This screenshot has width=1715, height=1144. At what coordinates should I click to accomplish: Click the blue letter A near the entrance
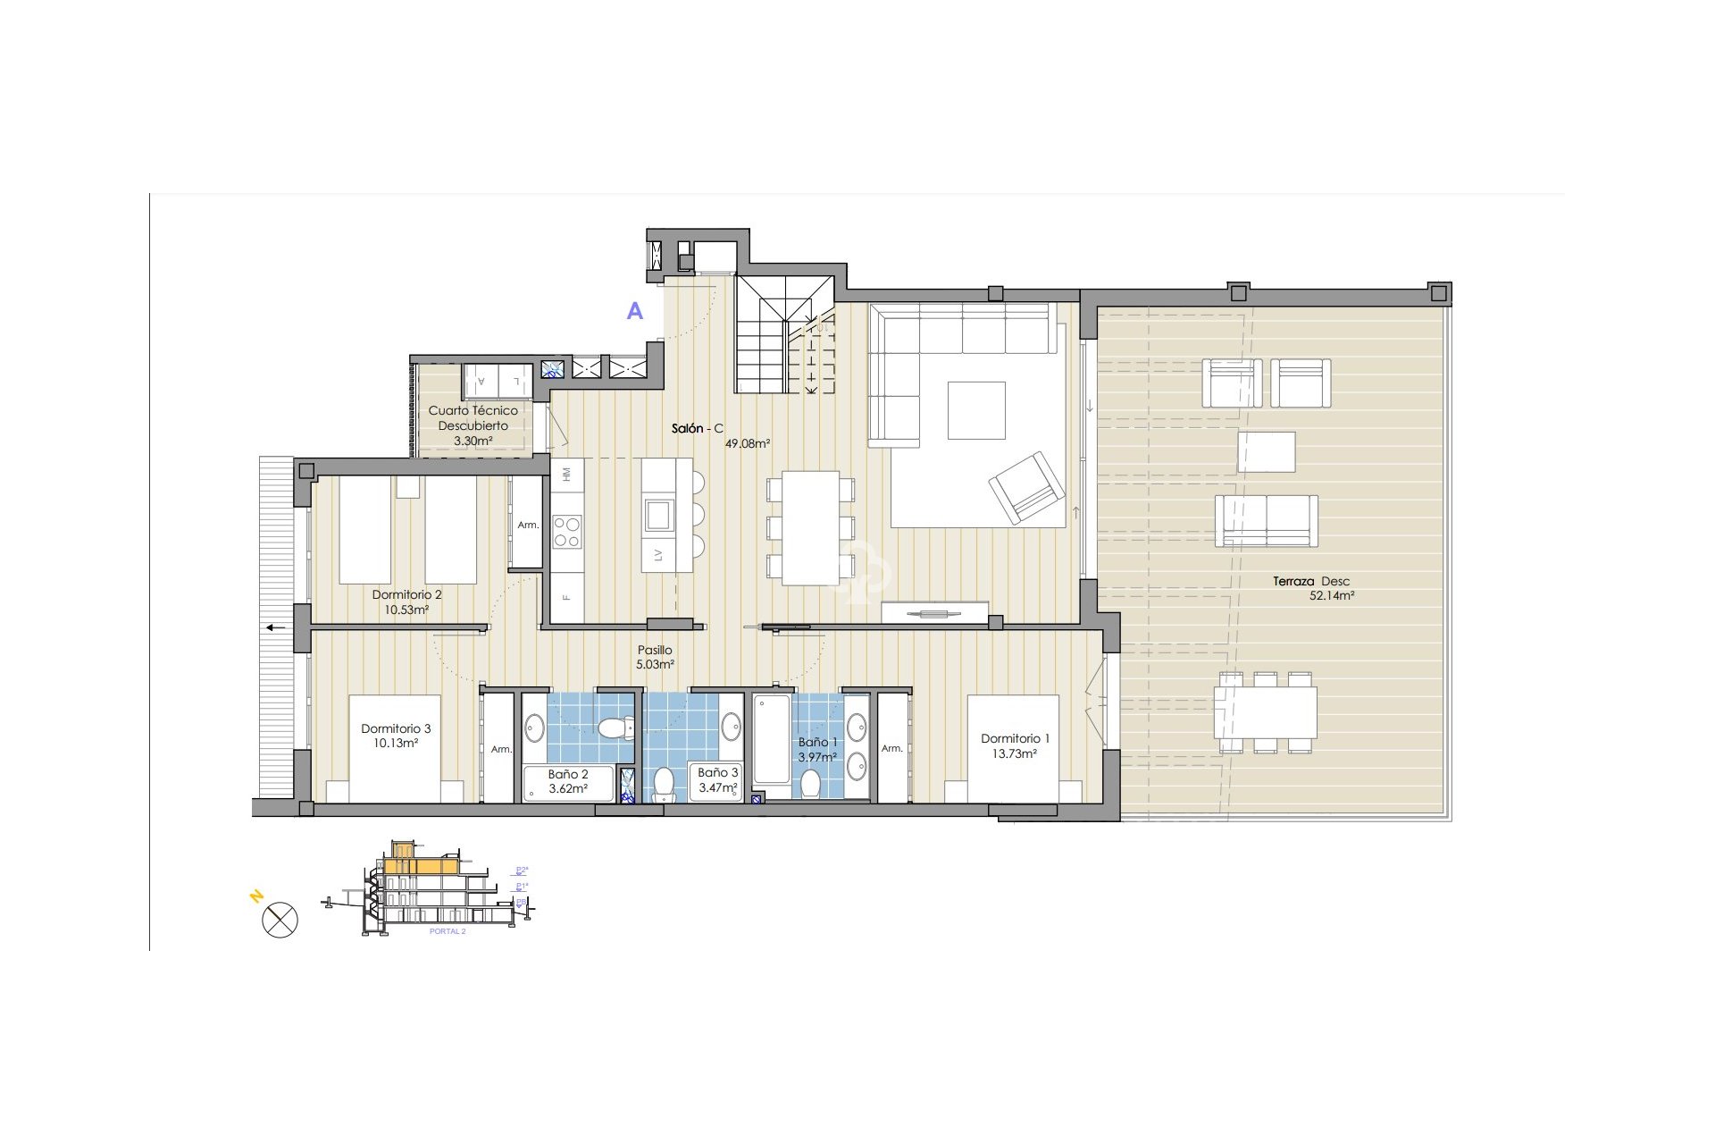635,311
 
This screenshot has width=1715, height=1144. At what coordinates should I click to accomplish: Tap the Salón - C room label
697,429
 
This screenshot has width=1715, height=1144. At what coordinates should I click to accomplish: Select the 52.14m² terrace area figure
1331,596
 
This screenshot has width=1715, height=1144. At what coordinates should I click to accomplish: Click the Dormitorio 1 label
1015,738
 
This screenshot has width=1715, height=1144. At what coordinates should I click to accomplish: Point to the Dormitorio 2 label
406,594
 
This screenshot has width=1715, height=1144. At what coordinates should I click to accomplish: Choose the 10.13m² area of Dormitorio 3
396,744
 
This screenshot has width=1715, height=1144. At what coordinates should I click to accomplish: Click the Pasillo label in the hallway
655,651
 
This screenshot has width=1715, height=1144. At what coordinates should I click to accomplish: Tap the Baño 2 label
568,774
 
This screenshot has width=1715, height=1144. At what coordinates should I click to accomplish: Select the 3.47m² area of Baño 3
718,788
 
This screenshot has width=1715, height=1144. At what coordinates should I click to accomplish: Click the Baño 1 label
817,742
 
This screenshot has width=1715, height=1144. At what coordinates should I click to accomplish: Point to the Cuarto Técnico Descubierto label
473,418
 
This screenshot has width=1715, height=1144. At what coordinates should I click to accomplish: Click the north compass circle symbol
280,920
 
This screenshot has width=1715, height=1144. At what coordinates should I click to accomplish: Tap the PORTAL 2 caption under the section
448,931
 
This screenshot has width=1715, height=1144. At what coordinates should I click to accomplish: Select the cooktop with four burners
567,532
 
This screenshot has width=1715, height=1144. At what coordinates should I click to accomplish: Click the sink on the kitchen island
659,514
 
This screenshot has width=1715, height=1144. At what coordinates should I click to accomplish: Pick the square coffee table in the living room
976,410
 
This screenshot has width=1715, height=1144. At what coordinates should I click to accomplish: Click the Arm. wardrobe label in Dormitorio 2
528,526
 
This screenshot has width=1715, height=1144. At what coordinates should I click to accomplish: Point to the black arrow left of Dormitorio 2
275,627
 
